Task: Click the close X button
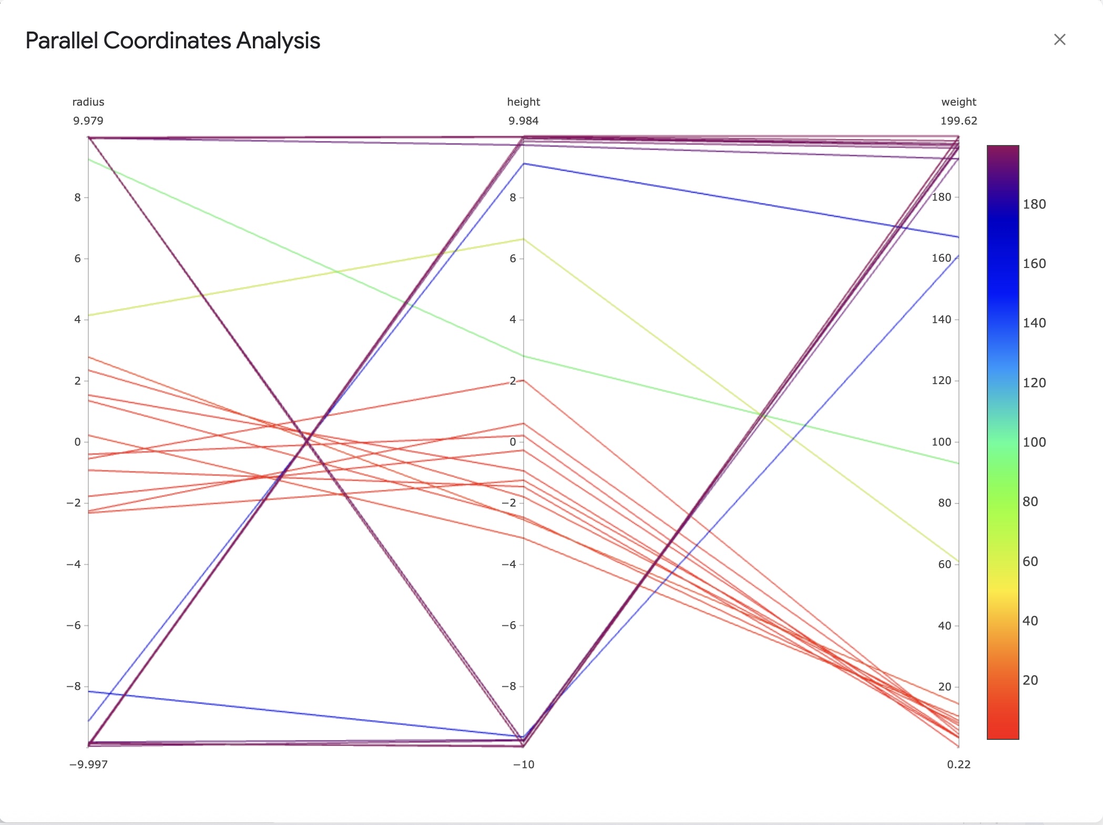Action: [x=1059, y=40]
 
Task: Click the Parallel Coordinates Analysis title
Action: [x=172, y=41]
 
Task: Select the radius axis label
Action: [x=88, y=102]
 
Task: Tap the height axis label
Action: [x=523, y=102]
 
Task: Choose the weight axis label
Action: [x=958, y=102]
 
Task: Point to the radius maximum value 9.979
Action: [x=88, y=121]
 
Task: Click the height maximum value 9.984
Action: [x=523, y=121]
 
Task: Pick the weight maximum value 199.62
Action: [x=958, y=121]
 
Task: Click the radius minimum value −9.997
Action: [x=88, y=765]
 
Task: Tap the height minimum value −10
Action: [x=523, y=765]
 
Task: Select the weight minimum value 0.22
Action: [x=958, y=765]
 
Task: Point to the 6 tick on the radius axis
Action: [x=78, y=259]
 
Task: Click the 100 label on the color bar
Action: [x=1034, y=442]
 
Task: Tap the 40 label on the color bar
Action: [x=1030, y=621]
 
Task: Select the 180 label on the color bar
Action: [x=1034, y=204]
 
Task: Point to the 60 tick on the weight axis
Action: [x=944, y=564]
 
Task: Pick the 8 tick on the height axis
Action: [x=513, y=198]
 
